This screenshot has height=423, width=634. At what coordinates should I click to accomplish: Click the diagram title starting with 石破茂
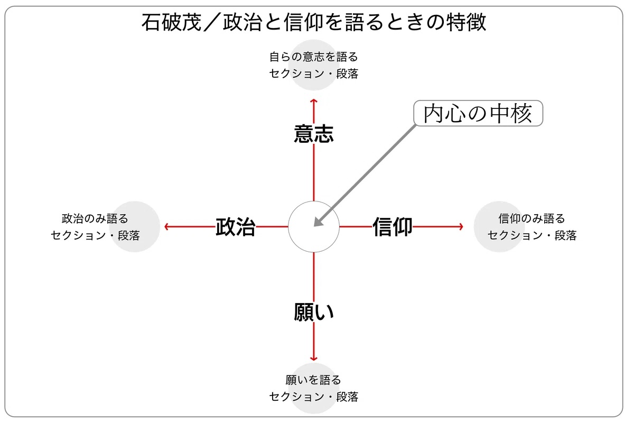(x=314, y=23)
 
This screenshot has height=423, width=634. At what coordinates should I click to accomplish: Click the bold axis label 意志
(x=314, y=134)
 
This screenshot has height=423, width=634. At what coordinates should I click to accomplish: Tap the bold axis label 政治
(x=236, y=227)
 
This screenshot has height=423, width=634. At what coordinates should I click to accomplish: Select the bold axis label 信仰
(x=393, y=227)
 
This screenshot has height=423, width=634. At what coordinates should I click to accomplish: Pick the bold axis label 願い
(x=314, y=312)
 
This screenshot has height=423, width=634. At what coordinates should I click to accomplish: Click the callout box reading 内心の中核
(x=478, y=113)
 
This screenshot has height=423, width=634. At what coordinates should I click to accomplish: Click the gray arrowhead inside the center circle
(x=318, y=223)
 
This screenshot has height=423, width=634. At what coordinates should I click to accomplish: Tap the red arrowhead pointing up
(x=314, y=100)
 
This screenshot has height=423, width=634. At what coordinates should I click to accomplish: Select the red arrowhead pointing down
(x=314, y=358)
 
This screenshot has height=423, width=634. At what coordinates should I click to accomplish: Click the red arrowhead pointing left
(x=167, y=227)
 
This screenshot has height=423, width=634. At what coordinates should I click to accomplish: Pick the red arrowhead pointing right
(x=461, y=227)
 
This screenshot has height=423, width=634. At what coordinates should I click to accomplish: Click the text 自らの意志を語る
(x=314, y=57)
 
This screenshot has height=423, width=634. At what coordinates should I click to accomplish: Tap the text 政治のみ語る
(x=95, y=218)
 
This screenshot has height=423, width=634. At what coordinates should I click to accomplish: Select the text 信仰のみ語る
(x=532, y=218)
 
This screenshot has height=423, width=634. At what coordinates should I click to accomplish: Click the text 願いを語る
(x=314, y=380)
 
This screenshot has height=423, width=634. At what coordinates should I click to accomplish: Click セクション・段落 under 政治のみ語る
(x=95, y=236)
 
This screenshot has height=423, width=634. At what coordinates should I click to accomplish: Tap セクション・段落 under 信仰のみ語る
(x=532, y=236)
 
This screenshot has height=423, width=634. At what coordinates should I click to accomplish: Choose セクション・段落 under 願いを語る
(x=314, y=397)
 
